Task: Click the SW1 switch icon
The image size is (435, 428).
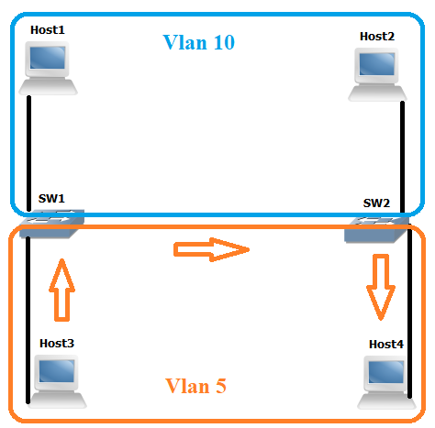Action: (52, 222)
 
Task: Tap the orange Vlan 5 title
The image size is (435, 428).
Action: (195, 387)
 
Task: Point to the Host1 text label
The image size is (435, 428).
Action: (48, 30)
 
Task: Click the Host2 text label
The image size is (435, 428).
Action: (377, 36)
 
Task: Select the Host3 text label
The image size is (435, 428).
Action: (57, 343)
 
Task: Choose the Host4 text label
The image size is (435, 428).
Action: (385, 344)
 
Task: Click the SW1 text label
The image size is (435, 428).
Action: (51, 198)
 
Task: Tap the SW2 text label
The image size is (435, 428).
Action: (376, 203)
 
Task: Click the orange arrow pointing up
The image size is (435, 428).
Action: (61, 289)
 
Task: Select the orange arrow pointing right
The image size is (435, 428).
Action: (211, 247)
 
